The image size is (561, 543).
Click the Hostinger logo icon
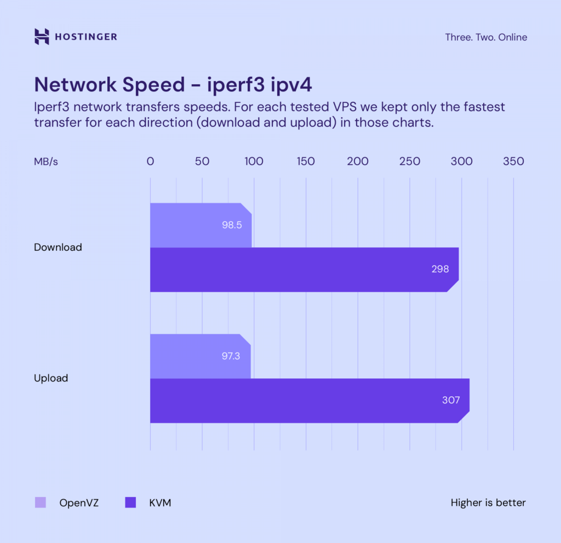(x=42, y=37)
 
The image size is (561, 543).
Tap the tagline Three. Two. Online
(x=486, y=37)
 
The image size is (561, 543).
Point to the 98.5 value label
(x=232, y=225)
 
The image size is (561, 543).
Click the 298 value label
(x=440, y=269)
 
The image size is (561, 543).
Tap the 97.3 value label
(x=231, y=356)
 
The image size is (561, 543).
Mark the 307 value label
(x=451, y=401)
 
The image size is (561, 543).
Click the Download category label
(x=58, y=247)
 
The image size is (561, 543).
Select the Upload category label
(x=51, y=378)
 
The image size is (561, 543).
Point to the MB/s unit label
(x=46, y=161)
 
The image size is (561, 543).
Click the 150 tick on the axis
(x=306, y=161)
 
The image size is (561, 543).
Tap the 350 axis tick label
(x=513, y=161)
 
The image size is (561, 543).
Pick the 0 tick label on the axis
(x=150, y=161)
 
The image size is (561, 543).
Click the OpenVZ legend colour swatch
(x=41, y=502)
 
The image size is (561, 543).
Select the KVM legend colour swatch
(x=130, y=502)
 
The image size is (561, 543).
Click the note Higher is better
(x=488, y=502)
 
